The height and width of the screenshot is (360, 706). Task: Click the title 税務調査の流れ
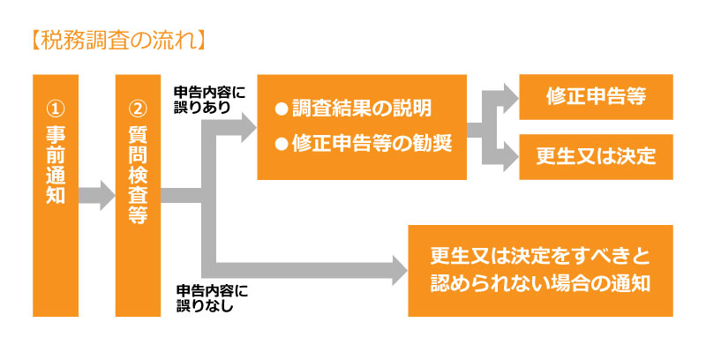click(119, 41)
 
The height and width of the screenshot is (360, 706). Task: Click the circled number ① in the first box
click(56, 109)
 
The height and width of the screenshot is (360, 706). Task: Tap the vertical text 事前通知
click(56, 164)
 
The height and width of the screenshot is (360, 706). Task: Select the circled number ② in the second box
click(138, 109)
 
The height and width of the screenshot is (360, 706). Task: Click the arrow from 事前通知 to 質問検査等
click(97, 196)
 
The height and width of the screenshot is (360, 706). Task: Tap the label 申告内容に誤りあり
click(210, 100)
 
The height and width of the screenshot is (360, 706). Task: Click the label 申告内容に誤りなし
click(212, 298)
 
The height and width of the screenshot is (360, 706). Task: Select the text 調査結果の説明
click(362, 109)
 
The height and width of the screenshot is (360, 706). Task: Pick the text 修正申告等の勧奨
click(372, 144)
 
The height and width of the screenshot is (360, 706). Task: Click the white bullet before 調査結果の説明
click(282, 109)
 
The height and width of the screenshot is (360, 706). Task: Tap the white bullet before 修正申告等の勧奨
click(282, 145)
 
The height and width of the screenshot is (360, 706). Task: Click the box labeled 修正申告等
click(597, 97)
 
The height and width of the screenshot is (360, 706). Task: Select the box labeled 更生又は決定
click(597, 156)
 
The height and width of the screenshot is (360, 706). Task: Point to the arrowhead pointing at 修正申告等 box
click(511, 98)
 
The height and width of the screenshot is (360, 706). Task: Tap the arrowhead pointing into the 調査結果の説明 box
click(249, 128)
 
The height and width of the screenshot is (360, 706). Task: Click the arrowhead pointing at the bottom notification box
click(400, 270)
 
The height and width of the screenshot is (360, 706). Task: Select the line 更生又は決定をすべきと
click(540, 257)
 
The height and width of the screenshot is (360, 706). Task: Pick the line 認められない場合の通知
click(540, 283)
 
